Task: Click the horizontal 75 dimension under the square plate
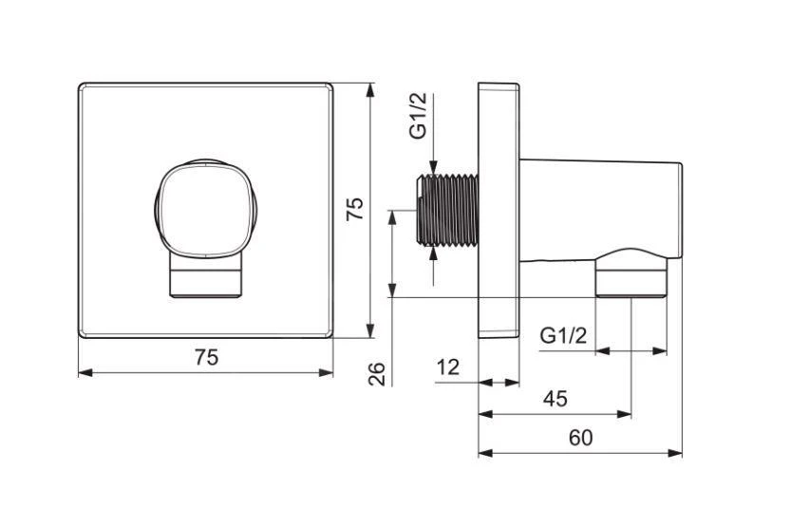[207, 357]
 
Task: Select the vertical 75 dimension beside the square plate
[355, 208]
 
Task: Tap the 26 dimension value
[376, 374]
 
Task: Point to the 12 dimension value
[447, 366]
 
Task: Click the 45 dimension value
[555, 399]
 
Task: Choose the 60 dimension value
[581, 438]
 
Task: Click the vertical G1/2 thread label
[418, 115]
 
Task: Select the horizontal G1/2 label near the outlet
[563, 335]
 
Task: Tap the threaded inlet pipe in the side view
[448, 211]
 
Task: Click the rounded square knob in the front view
[205, 210]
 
